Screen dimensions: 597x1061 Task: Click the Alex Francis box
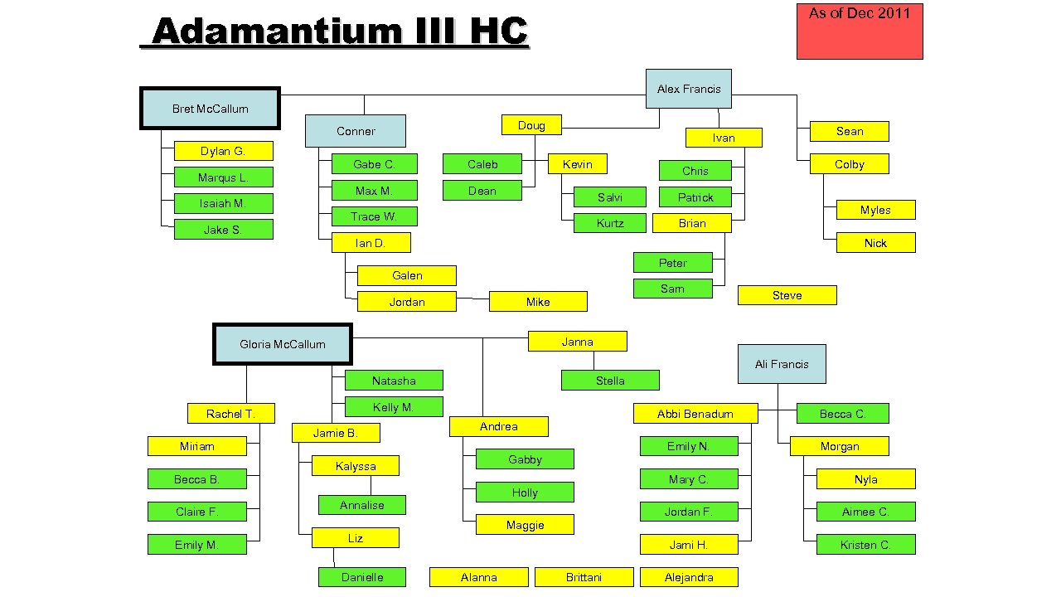(x=688, y=89)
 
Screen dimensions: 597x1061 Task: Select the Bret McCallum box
(x=210, y=109)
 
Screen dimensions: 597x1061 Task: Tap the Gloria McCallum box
(x=283, y=344)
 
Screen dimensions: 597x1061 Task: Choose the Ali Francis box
(x=782, y=364)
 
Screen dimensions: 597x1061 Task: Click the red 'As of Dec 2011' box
(x=860, y=32)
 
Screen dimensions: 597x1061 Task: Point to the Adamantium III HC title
(x=340, y=33)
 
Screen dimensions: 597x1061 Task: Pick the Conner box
(x=356, y=131)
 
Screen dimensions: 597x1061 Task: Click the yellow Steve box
(x=787, y=295)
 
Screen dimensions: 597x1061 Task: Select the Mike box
(x=538, y=302)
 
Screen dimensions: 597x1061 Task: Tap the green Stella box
(x=610, y=381)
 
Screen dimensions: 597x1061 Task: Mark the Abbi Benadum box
(x=695, y=414)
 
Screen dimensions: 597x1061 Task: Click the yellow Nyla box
(x=865, y=479)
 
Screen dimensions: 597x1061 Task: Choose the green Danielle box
(x=362, y=577)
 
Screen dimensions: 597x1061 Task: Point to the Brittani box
(x=584, y=577)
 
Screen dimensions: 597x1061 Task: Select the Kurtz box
(x=610, y=223)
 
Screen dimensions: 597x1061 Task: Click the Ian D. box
(x=370, y=243)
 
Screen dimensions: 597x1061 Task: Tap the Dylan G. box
(x=223, y=151)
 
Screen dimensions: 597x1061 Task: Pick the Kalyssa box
(x=356, y=466)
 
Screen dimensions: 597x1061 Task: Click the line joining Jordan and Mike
(x=472, y=298)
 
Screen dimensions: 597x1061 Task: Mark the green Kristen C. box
(x=865, y=545)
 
